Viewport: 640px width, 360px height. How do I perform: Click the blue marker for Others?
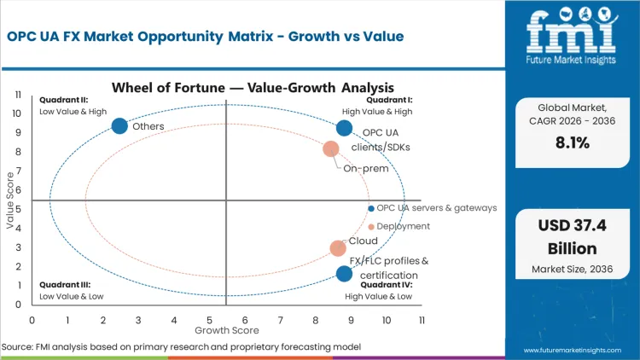point(119,126)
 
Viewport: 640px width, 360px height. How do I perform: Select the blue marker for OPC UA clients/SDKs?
point(344,128)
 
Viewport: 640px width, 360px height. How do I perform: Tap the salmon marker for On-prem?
point(331,149)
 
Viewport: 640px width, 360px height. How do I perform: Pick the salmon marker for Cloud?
point(338,248)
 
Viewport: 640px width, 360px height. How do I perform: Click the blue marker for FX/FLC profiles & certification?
point(344,274)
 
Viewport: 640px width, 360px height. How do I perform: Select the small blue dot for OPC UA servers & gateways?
point(370,208)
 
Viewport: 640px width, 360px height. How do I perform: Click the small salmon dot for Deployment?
point(370,227)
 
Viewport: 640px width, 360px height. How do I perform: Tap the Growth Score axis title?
point(226,329)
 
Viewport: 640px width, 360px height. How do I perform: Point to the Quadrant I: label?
point(389,99)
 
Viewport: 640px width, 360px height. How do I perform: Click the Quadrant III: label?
point(63,286)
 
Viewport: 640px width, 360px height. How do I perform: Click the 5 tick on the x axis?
point(209,320)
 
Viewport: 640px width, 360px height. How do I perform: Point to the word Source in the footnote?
point(17,347)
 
